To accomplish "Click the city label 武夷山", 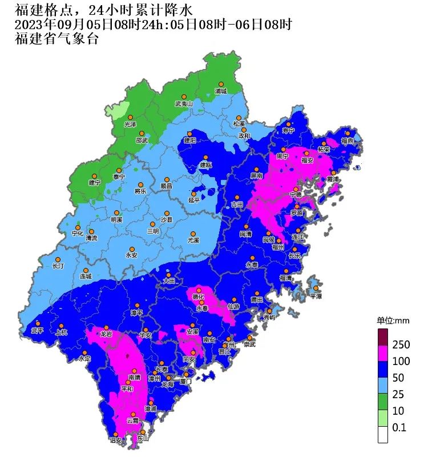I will (184, 104).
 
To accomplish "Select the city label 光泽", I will (130, 124).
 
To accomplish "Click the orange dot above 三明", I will (152, 224).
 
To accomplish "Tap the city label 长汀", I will (59, 266).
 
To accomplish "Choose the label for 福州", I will (278, 247).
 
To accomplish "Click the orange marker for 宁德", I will (296, 190).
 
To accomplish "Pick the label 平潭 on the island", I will (316, 296).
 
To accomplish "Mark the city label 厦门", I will (185, 381).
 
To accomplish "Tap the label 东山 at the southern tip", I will (143, 439).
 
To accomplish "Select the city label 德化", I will (198, 296).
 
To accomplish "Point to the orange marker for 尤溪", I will (193, 234).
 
